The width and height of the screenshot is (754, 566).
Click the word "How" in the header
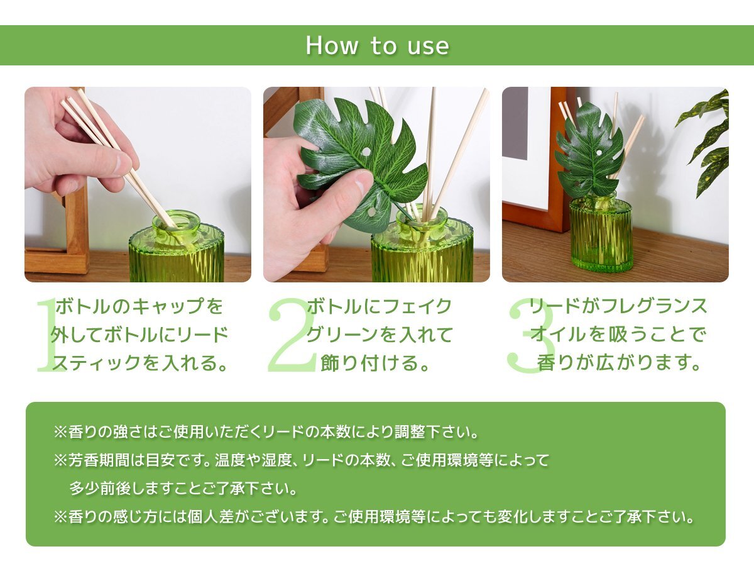coord(332,45)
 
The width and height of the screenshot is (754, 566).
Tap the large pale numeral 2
coord(292,335)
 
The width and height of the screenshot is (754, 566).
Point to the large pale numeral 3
coord(531,335)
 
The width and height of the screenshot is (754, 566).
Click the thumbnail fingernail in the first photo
coord(121,164)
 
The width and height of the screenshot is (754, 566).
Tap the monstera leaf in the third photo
coord(589,150)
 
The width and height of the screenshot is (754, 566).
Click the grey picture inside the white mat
coord(515,123)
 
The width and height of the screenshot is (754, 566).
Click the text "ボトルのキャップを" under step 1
coord(139,306)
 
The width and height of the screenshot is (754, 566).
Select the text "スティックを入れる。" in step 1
coord(139,363)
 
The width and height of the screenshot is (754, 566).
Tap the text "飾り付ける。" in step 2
coord(375,363)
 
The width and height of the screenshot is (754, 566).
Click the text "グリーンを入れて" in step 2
coord(380,335)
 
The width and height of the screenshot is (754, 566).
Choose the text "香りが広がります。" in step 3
coord(618,363)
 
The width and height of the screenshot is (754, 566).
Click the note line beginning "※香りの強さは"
coord(266,431)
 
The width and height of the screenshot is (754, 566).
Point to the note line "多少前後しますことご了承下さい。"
coord(183,488)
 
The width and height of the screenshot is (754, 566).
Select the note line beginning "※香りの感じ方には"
coord(373,517)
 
